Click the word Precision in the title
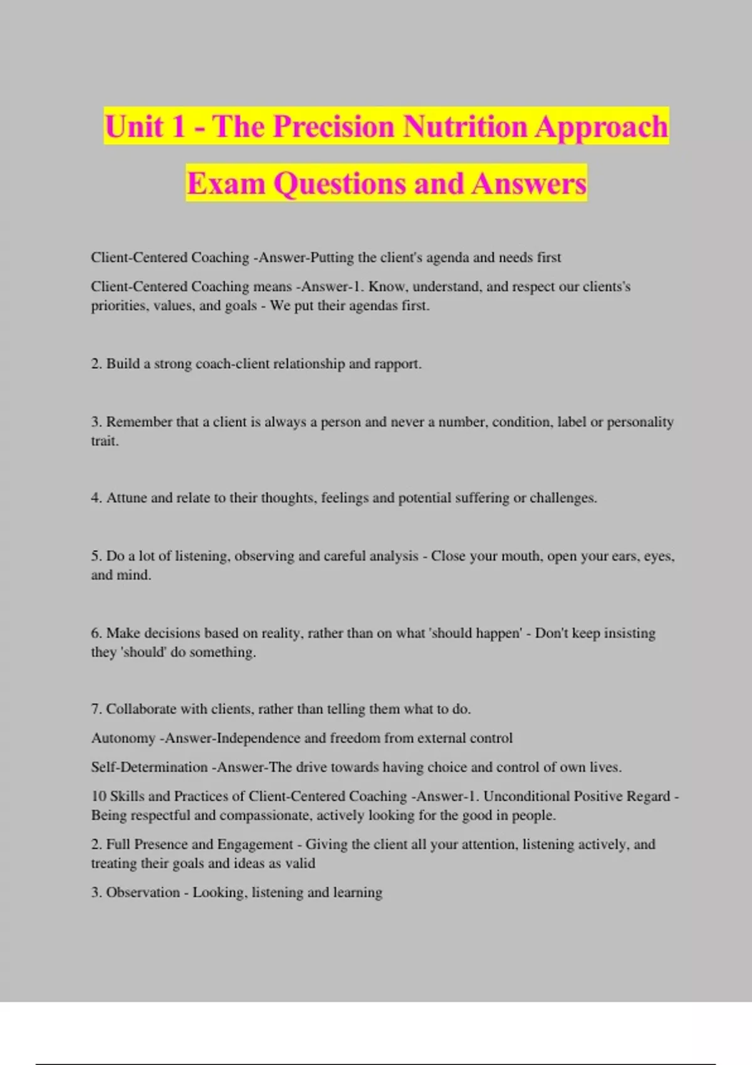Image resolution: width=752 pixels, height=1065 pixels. pos(334,127)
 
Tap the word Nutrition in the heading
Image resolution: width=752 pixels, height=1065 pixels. pos(464,127)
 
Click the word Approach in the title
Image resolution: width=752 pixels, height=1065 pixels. pos(601,127)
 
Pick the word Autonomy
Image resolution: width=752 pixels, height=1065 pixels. pos(123,738)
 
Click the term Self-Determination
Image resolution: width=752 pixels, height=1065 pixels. pos(149,767)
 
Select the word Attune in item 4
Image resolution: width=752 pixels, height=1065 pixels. pos(127,498)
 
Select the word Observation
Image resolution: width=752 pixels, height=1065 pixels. pos(143,893)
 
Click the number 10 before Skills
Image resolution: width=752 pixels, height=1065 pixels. pos(99,796)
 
